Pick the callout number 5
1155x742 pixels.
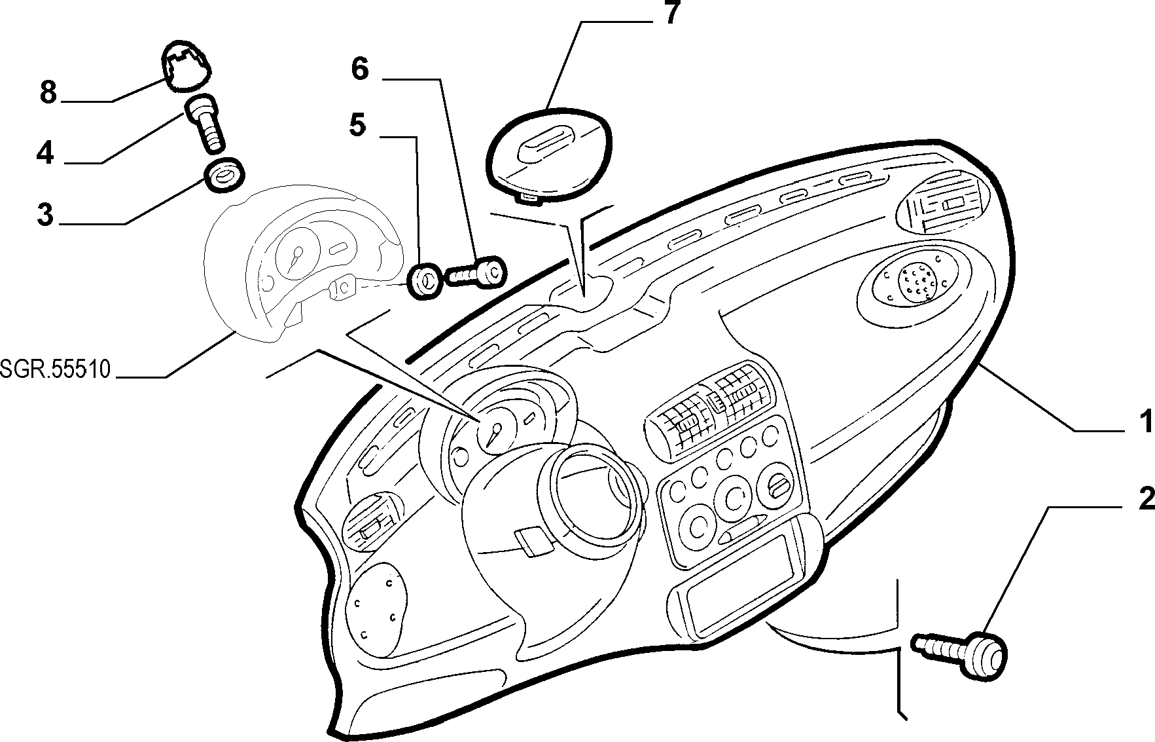pos(357,125)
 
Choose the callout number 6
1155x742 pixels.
pos(359,68)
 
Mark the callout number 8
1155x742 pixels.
pos(48,92)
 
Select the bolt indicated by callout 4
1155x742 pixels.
pos(205,122)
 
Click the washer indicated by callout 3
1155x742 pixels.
pos(224,175)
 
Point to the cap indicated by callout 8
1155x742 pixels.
pos(187,65)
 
